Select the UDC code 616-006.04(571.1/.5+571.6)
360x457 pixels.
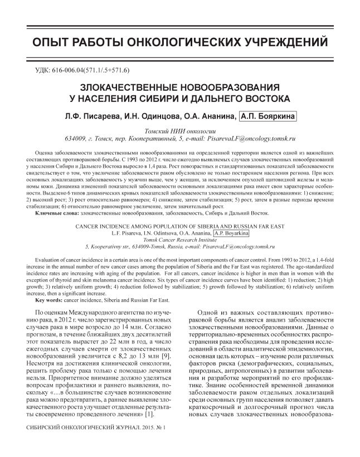coord(93,71)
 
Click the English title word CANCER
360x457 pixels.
coord(90,226)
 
